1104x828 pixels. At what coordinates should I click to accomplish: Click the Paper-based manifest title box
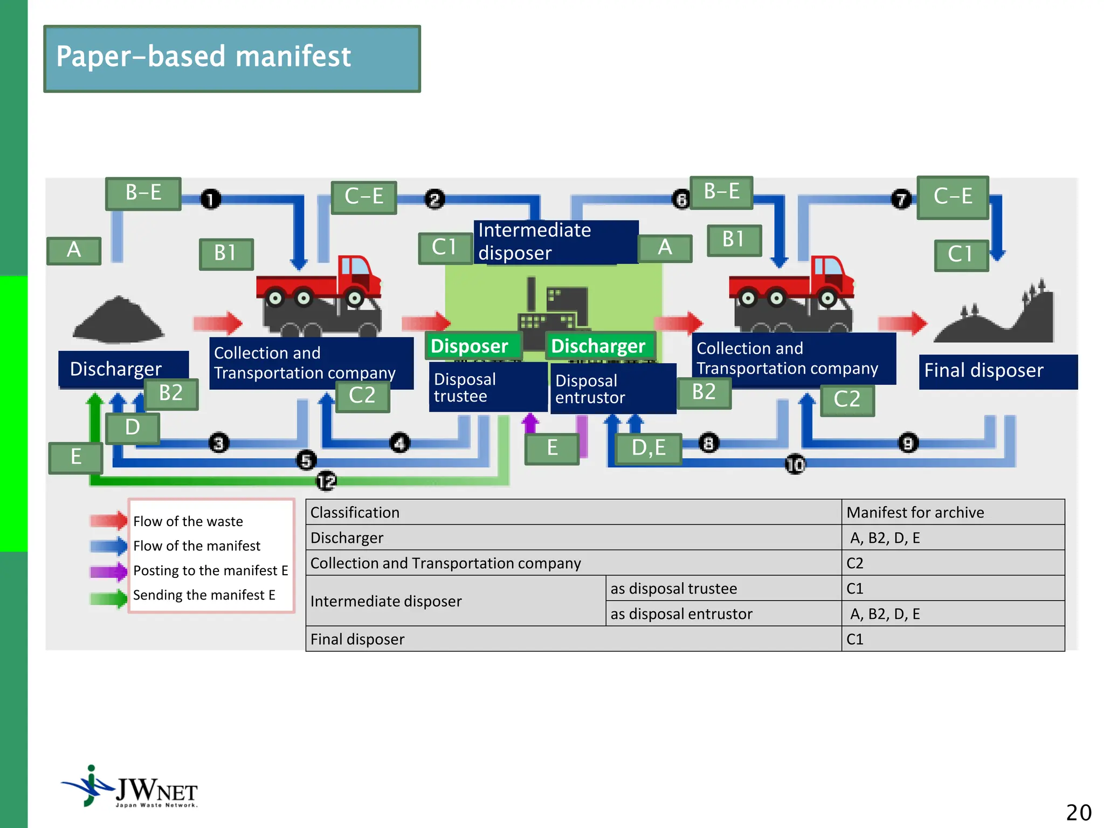coord(232,58)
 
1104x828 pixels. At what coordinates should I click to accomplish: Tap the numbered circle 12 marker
coord(326,481)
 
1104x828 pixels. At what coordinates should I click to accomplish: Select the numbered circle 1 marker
coord(211,199)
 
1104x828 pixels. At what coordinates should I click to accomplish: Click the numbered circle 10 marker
coord(795,464)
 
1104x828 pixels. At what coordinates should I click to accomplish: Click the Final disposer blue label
coord(997,371)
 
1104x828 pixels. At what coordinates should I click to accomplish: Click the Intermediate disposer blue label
coord(555,242)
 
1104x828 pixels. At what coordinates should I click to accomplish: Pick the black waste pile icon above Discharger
coord(118,320)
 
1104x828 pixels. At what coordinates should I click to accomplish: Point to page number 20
coord(1078,812)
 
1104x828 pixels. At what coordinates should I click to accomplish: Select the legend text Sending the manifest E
coord(204,595)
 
